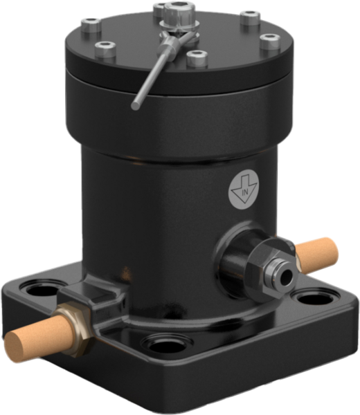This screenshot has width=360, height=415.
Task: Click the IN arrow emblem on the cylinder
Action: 244,191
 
